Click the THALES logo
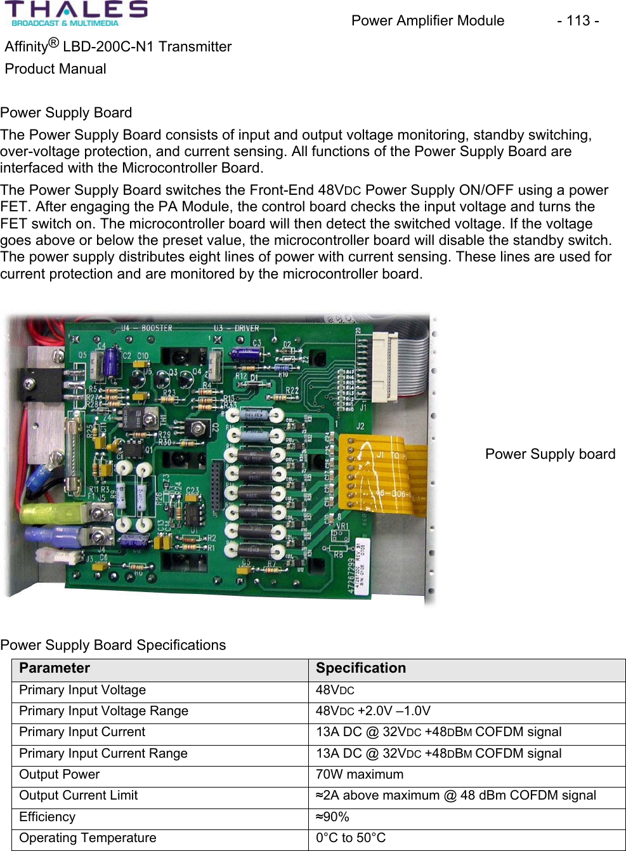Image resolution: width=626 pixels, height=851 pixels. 76,13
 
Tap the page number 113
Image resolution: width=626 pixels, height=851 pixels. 578,21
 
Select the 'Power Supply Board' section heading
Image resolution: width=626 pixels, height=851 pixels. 66,113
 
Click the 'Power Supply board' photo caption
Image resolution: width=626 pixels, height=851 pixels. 550,454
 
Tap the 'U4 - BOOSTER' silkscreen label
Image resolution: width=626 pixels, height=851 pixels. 147,328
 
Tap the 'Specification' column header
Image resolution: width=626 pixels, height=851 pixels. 361,668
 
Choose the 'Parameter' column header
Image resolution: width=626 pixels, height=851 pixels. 55,668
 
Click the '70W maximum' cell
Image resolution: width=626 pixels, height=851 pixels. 360,775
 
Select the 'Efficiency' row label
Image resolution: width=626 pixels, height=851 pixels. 48,817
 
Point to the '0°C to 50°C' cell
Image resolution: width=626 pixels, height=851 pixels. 351,838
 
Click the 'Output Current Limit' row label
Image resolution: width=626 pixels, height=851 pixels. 79,796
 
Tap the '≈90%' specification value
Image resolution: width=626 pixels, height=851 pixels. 332,817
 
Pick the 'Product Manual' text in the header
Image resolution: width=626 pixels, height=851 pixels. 56,69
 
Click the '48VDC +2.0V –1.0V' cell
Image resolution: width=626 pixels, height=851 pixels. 373,711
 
